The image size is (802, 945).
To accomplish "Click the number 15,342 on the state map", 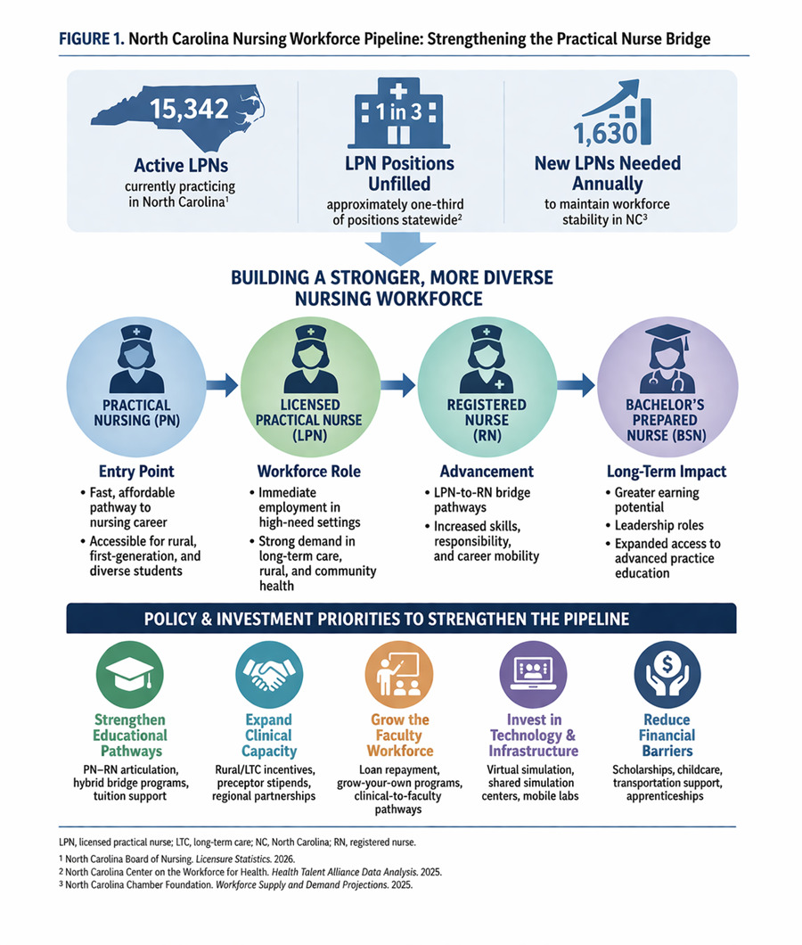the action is [189, 109].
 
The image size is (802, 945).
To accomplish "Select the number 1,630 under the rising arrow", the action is [604, 133].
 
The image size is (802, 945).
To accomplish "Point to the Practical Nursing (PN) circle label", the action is [136, 413].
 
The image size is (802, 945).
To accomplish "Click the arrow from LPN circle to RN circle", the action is [397, 385].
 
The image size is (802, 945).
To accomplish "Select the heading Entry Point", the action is [136, 472].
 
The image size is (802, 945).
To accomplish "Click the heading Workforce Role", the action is [309, 472].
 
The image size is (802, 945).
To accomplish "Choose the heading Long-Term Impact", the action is [667, 472].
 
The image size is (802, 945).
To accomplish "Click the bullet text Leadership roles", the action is [659, 525].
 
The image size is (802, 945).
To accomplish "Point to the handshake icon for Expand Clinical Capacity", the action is [269, 674].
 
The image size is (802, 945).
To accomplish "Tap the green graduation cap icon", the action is [129, 674].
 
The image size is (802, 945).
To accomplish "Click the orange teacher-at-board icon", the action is [398, 674].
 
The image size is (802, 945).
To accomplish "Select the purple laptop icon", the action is [533, 674].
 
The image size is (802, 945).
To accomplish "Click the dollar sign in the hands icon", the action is [667, 664].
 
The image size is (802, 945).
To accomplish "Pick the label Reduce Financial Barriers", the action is [667, 735].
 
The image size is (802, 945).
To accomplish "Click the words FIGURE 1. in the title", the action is [92, 39].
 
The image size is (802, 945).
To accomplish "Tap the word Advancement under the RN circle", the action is [487, 472].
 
